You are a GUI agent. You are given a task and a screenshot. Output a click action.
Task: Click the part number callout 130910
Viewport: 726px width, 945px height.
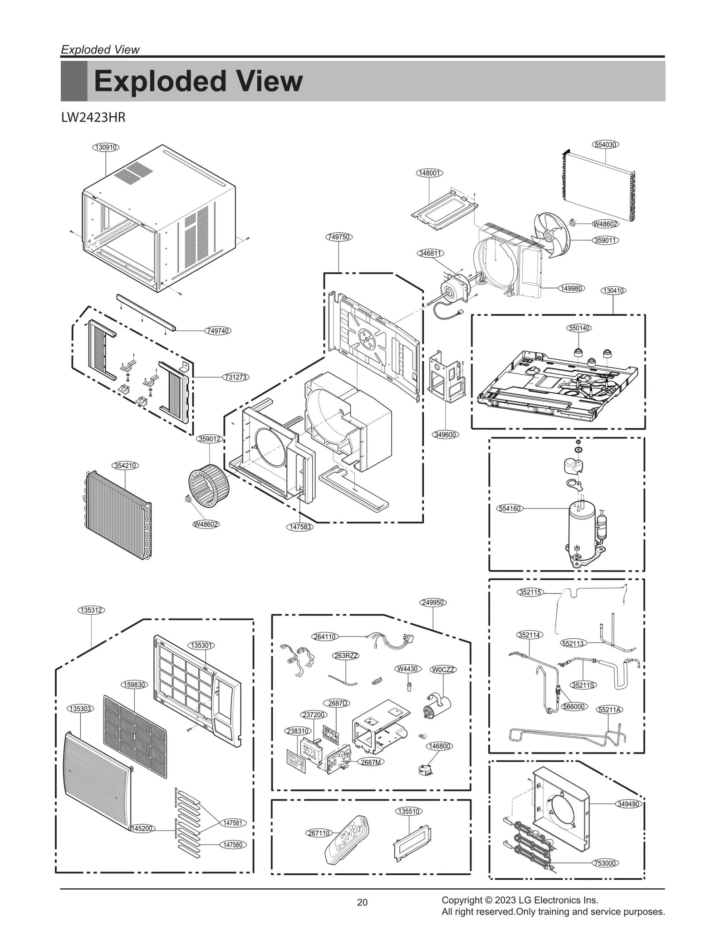[x=105, y=147]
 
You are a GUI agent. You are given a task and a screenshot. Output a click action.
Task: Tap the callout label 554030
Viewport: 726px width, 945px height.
[x=605, y=145]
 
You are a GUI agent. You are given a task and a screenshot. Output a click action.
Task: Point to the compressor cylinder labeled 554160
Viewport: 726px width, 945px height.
[x=582, y=526]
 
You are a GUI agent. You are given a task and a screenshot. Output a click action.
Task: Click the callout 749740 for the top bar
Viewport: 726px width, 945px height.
[x=218, y=331]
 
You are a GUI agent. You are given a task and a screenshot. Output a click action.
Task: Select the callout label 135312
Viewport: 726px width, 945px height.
[x=92, y=610]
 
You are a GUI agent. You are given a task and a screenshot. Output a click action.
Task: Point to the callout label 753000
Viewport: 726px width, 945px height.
[x=605, y=863]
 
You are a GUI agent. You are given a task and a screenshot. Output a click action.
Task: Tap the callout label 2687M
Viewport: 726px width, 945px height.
[x=371, y=762]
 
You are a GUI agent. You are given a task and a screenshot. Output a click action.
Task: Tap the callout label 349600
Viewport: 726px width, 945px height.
[x=445, y=435]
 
